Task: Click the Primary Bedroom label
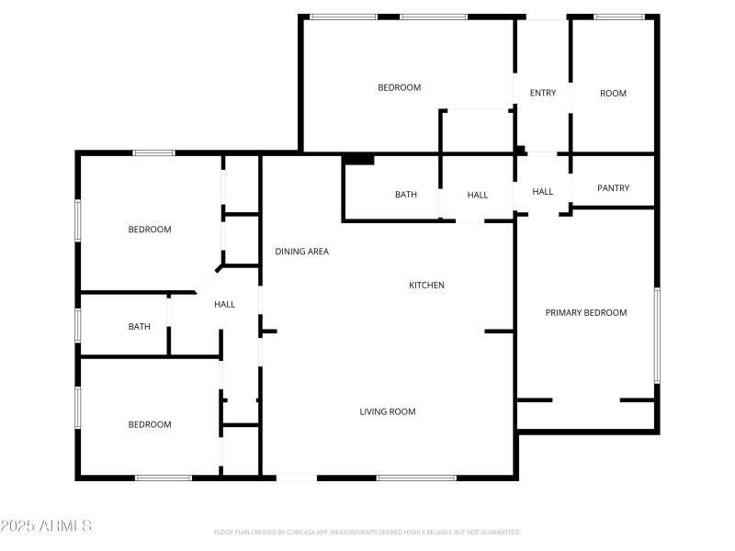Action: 586,312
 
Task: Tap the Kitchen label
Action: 426,285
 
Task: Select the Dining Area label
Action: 302,251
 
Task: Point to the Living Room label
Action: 387,411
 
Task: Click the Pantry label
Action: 613,188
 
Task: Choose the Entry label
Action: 543,93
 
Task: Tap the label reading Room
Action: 613,93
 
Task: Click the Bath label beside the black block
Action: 405,195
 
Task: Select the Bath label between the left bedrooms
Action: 140,326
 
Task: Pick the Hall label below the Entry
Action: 543,192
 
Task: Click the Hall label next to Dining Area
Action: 224,304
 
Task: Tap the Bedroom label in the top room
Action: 400,87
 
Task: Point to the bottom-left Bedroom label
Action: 150,424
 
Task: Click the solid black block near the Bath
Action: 358,159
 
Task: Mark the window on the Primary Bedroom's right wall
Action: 657,335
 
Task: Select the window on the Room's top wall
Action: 618,17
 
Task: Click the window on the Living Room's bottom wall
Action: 416,478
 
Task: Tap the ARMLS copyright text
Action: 46,526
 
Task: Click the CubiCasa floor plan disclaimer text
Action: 367,532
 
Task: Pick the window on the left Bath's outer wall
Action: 78,324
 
